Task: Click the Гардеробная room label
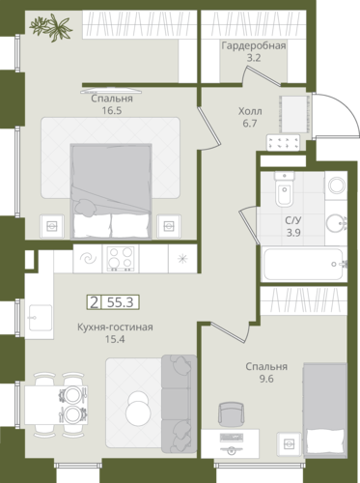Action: coord(254,45)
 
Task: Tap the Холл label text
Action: coord(250,111)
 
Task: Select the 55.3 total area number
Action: coord(121,302)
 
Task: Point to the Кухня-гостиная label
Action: coord(115,327)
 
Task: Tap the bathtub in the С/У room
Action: coord(303,264)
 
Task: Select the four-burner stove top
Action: coord(121,259)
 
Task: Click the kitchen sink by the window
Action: coord(40,318)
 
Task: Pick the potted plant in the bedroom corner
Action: coord(51,27)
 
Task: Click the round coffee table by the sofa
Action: coord(138,409)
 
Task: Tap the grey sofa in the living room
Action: coord(179,404)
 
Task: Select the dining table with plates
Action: coord(56,405)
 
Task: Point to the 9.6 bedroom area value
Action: coord(266,379)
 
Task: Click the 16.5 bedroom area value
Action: coord(112,111)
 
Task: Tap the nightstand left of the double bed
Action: coord(52,226)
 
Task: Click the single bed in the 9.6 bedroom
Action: coord(324,410)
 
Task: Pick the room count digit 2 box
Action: coord(94,302)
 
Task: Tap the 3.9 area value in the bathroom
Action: coord(293,233)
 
